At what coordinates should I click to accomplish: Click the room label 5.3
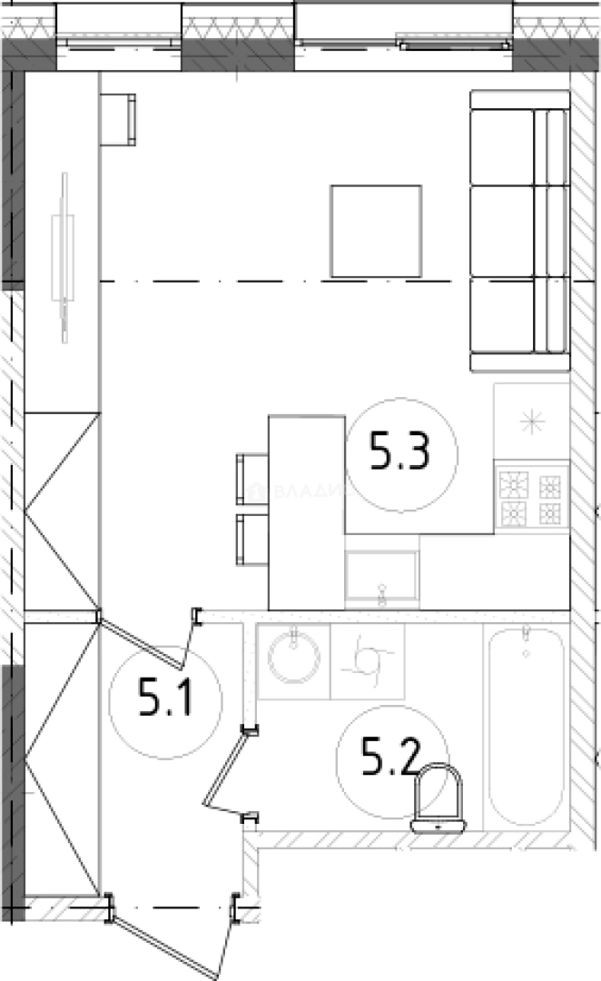[x=400, y=451]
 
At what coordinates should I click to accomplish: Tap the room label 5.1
[x=165, y=700]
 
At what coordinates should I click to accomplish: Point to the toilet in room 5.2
[x=438, y=798]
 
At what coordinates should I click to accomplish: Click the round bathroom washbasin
[x=295, y=658]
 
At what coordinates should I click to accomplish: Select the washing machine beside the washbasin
[x=368, y=660]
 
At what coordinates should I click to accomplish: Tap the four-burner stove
[x=531, y=498]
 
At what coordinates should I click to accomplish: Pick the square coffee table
[x=376, y=231]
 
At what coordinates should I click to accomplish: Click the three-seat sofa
[x=519, y=231]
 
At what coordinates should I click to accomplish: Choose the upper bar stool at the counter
[x=251, y=479]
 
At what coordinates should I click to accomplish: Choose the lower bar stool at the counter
[x=251, y=540]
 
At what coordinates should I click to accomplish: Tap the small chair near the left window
[x=118, y=119]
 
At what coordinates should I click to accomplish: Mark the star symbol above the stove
[x=531, y=420]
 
